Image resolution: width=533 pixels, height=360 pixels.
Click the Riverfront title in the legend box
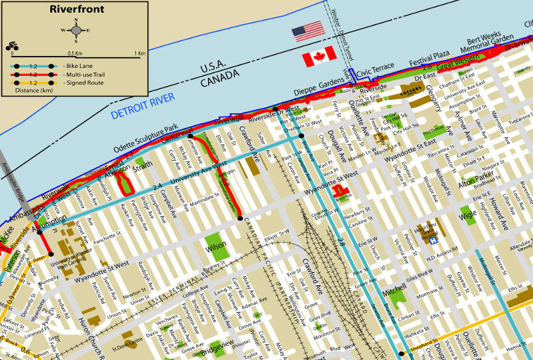(74, 10)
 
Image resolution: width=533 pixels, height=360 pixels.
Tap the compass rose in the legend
(75, 30)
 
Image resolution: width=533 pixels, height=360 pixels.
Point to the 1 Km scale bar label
(139, 53)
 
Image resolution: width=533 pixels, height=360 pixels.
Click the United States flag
(308, 31)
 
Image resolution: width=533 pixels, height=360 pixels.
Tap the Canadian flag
(319, 58)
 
